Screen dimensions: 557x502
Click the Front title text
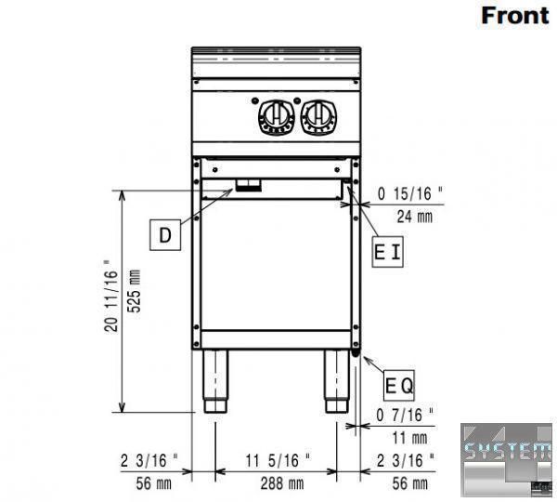(x=514, y=16)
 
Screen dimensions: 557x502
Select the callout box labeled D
(x=165, y=235)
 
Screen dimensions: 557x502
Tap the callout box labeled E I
(x=387, y=252)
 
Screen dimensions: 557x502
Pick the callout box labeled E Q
(x=399, y=385)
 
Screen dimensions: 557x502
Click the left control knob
(x=277, y=117)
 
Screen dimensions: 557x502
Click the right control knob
(x=319, y=117)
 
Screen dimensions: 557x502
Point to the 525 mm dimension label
(x=135, y=291)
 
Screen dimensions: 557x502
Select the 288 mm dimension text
(x=282, y=483)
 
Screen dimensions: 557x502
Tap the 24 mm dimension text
(x=415, y=217)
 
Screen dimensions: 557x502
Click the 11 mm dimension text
(x=409, y=438)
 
